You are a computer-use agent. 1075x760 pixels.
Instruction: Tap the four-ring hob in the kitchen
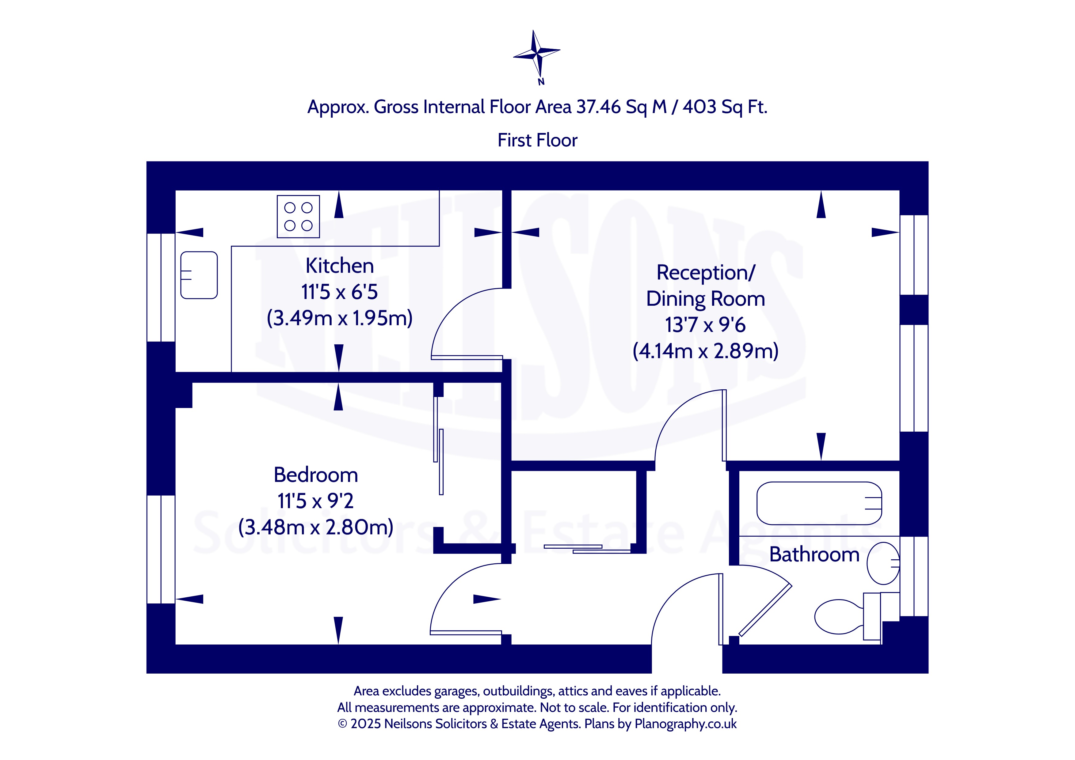pos(298,217)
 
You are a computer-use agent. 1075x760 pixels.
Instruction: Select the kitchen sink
pos(199,275)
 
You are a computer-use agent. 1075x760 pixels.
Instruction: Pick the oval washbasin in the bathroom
pos(883,563)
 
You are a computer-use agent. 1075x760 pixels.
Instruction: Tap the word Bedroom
pos(316,475)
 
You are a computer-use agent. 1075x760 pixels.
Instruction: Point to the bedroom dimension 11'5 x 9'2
pos(315,501)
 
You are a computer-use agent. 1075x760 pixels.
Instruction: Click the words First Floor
pos(538,140)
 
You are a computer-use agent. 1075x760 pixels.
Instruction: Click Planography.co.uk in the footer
pos(685,724)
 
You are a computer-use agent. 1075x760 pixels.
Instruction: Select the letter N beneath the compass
pos(541,82)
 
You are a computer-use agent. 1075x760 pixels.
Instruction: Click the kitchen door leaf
pos(467,357)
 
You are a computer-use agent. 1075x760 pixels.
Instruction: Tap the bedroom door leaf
pos(466,633)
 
